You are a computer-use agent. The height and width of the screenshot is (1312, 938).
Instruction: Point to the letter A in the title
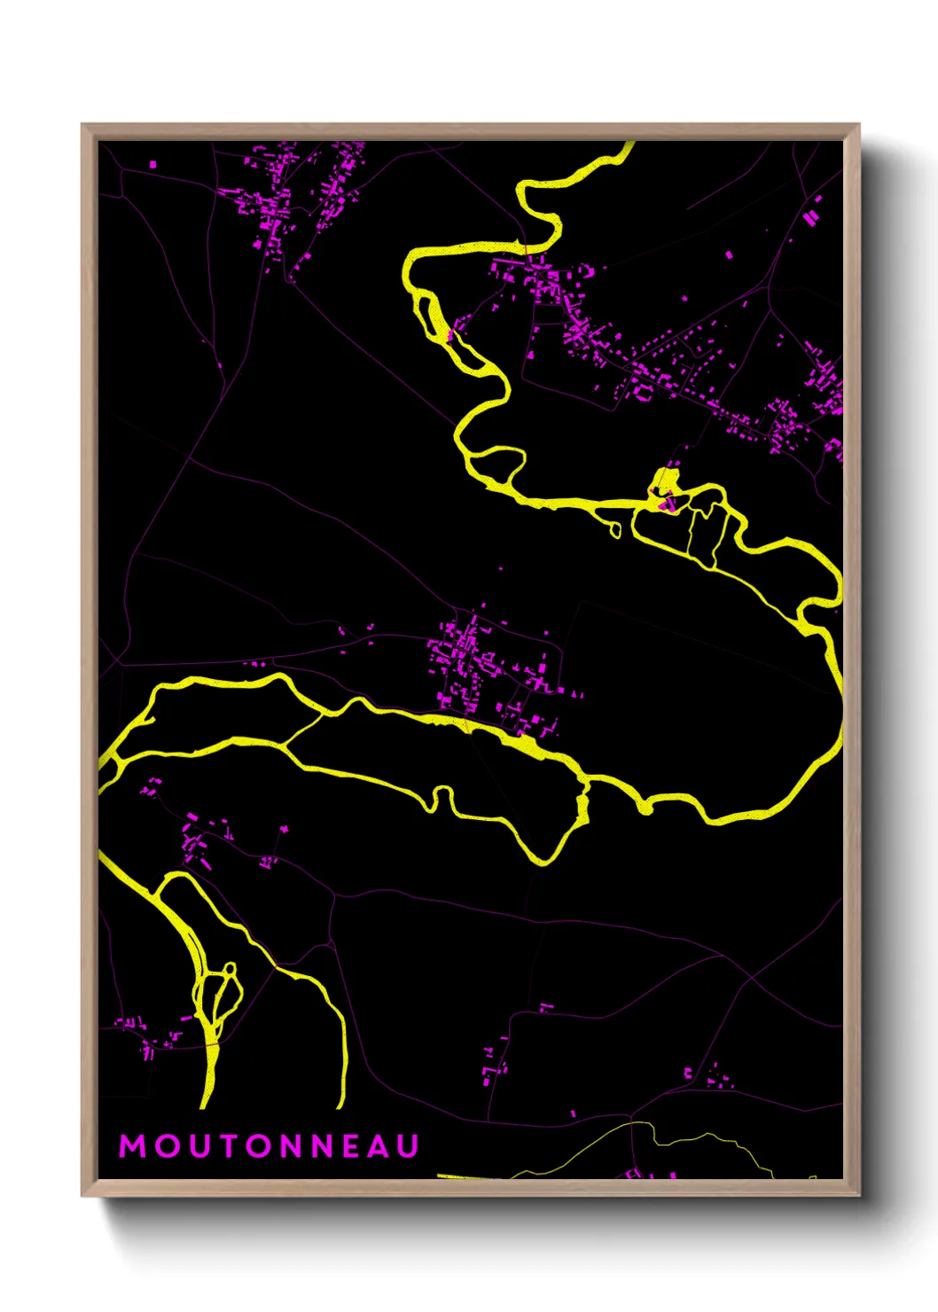379,1146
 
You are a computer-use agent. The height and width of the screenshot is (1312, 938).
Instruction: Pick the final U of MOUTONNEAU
408,1146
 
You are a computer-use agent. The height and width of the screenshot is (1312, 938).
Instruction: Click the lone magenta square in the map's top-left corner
153,164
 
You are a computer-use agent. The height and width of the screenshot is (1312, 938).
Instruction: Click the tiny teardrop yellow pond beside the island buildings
615,530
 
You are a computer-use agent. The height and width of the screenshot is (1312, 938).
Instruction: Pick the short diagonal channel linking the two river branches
304,730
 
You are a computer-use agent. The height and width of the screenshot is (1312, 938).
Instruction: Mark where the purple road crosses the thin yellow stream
632,1124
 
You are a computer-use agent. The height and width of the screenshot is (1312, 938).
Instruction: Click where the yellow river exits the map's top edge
628,144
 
